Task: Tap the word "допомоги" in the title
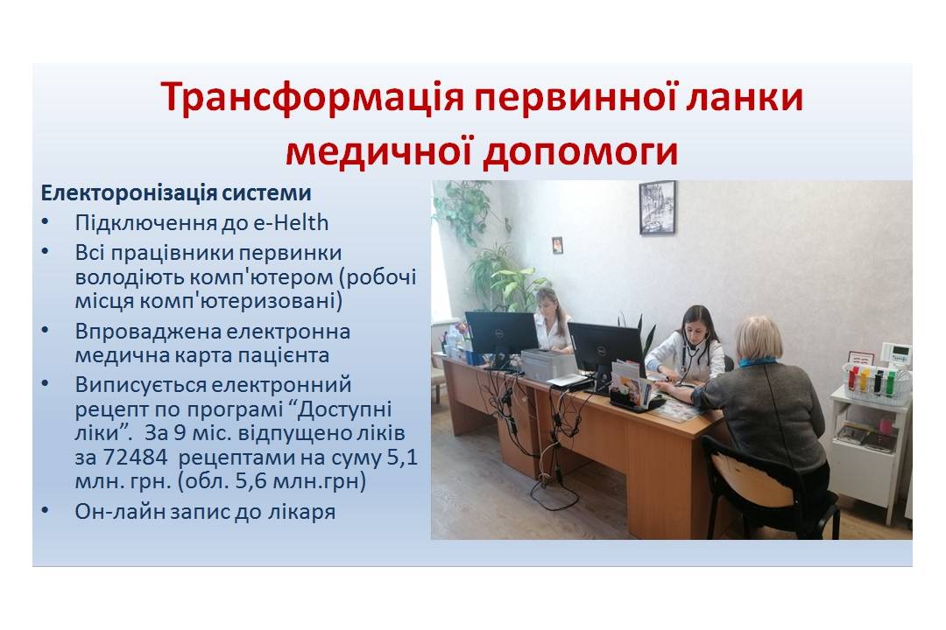point(581,151)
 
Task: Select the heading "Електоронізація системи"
point(176,192)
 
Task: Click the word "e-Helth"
point(291,223)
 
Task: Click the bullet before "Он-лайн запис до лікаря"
point(46,511)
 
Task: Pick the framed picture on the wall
point(658,207)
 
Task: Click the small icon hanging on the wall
point(557,245)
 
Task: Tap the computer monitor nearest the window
point(501,333)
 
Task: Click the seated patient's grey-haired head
point(758,339)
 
